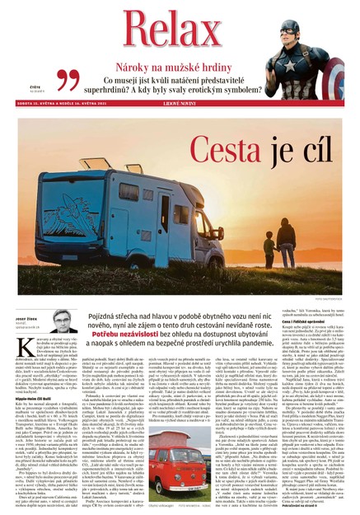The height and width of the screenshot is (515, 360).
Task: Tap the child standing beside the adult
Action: (x=272, y=251)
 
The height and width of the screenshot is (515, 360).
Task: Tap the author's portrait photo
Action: (x=63, y=321)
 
